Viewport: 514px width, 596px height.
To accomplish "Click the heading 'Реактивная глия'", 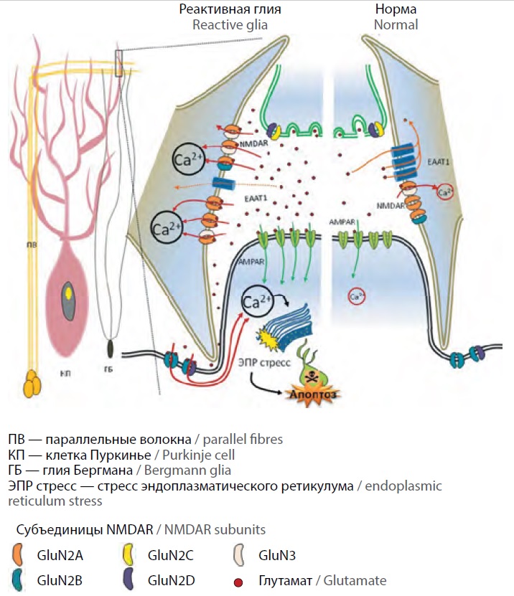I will (230, 10).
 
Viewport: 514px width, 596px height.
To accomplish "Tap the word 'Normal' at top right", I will (396, 25).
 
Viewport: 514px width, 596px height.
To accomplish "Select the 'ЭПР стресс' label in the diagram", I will (265, 363).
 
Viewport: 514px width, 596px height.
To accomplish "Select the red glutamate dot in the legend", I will (243, 580).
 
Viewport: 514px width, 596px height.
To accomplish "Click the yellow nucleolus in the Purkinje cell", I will (67, 293).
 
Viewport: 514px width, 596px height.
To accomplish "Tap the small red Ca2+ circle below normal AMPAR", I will (355, 295).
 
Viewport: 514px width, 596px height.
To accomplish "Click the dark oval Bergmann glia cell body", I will (111, 349).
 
